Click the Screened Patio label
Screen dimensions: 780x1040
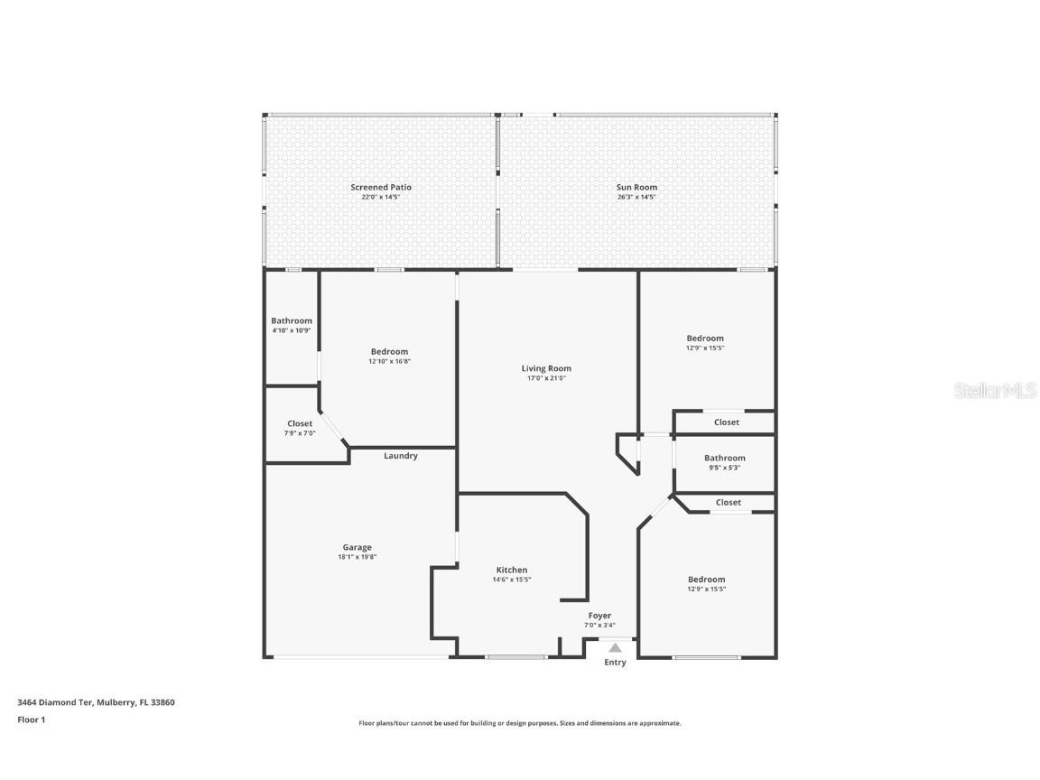(x=381, y=187)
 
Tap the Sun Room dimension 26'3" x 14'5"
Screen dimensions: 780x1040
(x=636, y=197)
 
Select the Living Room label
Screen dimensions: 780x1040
(x=546, y=368)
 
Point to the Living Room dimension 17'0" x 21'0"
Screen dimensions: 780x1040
(x=546, y=378)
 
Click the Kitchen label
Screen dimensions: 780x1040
(x=511, y=570)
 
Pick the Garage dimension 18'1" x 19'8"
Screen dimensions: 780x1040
(x=357, y=557)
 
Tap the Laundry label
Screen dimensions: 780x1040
(x=400, y=456)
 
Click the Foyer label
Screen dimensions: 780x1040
(x=599, y=615)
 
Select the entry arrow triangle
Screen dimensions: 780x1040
(x=615, y=647)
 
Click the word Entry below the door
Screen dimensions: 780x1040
(x=615, y=663)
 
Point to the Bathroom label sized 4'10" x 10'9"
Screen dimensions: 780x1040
(x=292, y=320)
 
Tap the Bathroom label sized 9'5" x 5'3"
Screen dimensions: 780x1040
(x=724, y=458)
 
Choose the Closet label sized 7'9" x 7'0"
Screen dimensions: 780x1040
(x=300, y=423)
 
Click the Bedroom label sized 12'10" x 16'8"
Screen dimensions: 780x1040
(x=389, y=351)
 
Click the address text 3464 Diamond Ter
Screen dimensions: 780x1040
(x=55, y=701)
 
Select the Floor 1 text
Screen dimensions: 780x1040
(x=31, y=720)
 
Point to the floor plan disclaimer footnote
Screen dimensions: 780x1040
(x=519, y=723)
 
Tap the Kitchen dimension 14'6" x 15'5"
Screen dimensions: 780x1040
(x=511, y=580)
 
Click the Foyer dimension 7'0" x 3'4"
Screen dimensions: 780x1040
(x=599, y=625)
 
